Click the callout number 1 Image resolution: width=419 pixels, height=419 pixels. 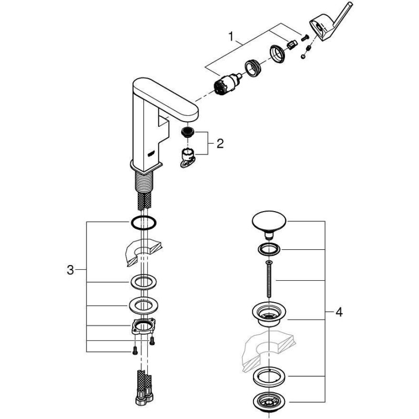[231, 36]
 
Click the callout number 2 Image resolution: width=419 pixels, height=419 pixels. [220, 144]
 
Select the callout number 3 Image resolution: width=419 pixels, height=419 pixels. [70, 270]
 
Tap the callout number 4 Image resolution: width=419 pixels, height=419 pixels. [339, 312]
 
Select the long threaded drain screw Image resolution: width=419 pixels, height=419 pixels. [269, 279]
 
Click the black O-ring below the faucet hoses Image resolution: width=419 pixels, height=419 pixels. [144, 222]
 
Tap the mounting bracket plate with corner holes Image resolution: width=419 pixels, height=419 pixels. [144, 326]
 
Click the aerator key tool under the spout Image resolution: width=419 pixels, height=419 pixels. [188, 159]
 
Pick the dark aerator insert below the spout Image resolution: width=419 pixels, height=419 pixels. [188, 132]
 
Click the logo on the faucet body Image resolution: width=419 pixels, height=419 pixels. [151, 154]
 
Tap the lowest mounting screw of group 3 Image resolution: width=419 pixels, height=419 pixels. [135, 350]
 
